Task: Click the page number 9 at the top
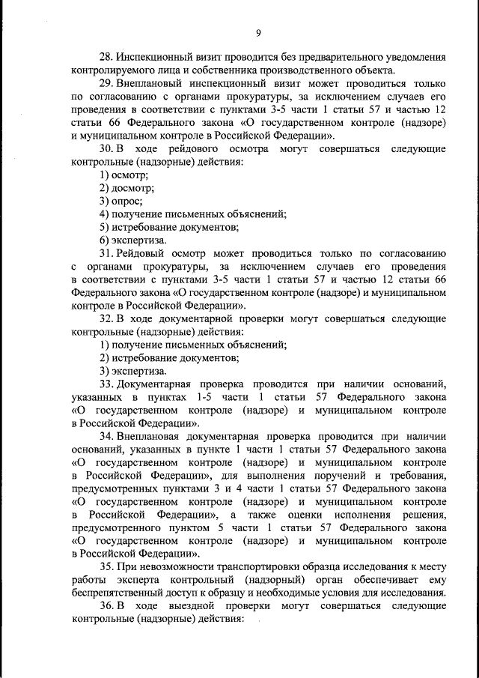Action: [x=258, y=32]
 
